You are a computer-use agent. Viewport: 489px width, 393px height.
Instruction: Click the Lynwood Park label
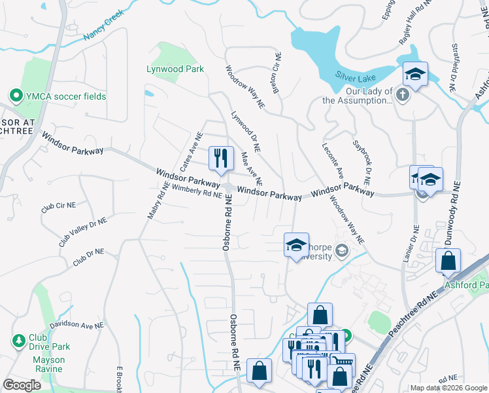[175, 69]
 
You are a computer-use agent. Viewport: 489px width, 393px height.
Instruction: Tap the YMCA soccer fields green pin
[14, 96]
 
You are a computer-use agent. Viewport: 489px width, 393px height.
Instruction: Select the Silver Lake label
[355, 75]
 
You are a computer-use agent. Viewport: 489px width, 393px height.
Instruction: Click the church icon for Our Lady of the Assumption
[403, 96]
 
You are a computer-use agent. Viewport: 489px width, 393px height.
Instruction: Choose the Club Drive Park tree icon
[19, 341]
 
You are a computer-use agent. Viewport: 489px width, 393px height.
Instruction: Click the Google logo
[22, 384]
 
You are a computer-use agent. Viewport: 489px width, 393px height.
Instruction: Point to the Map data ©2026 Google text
[448, 388]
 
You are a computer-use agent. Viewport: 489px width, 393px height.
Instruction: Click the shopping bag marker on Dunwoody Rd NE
[448, 261]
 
